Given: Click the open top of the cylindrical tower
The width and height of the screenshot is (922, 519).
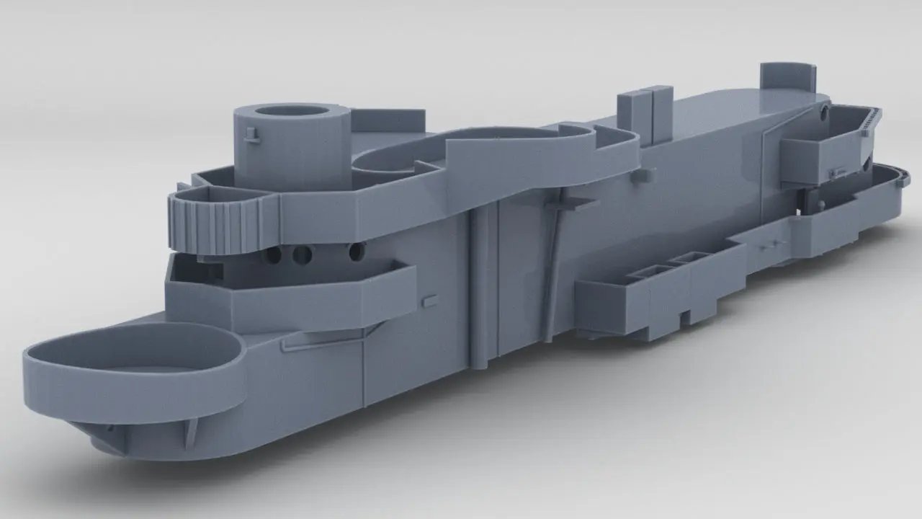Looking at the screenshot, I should [x=291, y=112].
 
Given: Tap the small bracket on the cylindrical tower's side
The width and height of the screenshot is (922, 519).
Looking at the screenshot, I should [x=251, y=135].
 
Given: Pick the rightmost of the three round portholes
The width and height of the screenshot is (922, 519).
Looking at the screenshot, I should [x=354, y=252].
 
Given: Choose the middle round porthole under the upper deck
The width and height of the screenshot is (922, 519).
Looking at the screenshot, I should [x=303, y=254].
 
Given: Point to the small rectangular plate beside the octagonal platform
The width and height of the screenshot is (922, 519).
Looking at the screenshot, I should [x=430, y=299].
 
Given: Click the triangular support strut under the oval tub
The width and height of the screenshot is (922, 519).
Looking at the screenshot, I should [x=192, y=431].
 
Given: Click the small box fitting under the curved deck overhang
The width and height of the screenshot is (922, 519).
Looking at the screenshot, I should [x=646, y=174].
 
